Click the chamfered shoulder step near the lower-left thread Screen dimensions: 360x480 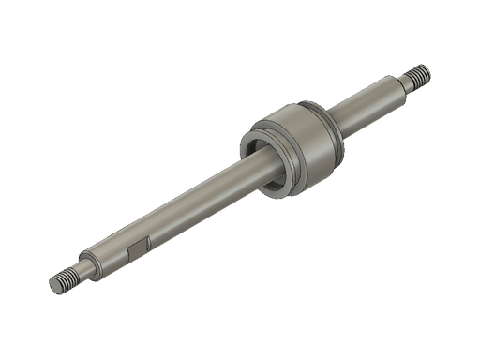(x=90, y=263)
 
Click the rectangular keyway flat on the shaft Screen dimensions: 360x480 (x=136, y=249)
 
